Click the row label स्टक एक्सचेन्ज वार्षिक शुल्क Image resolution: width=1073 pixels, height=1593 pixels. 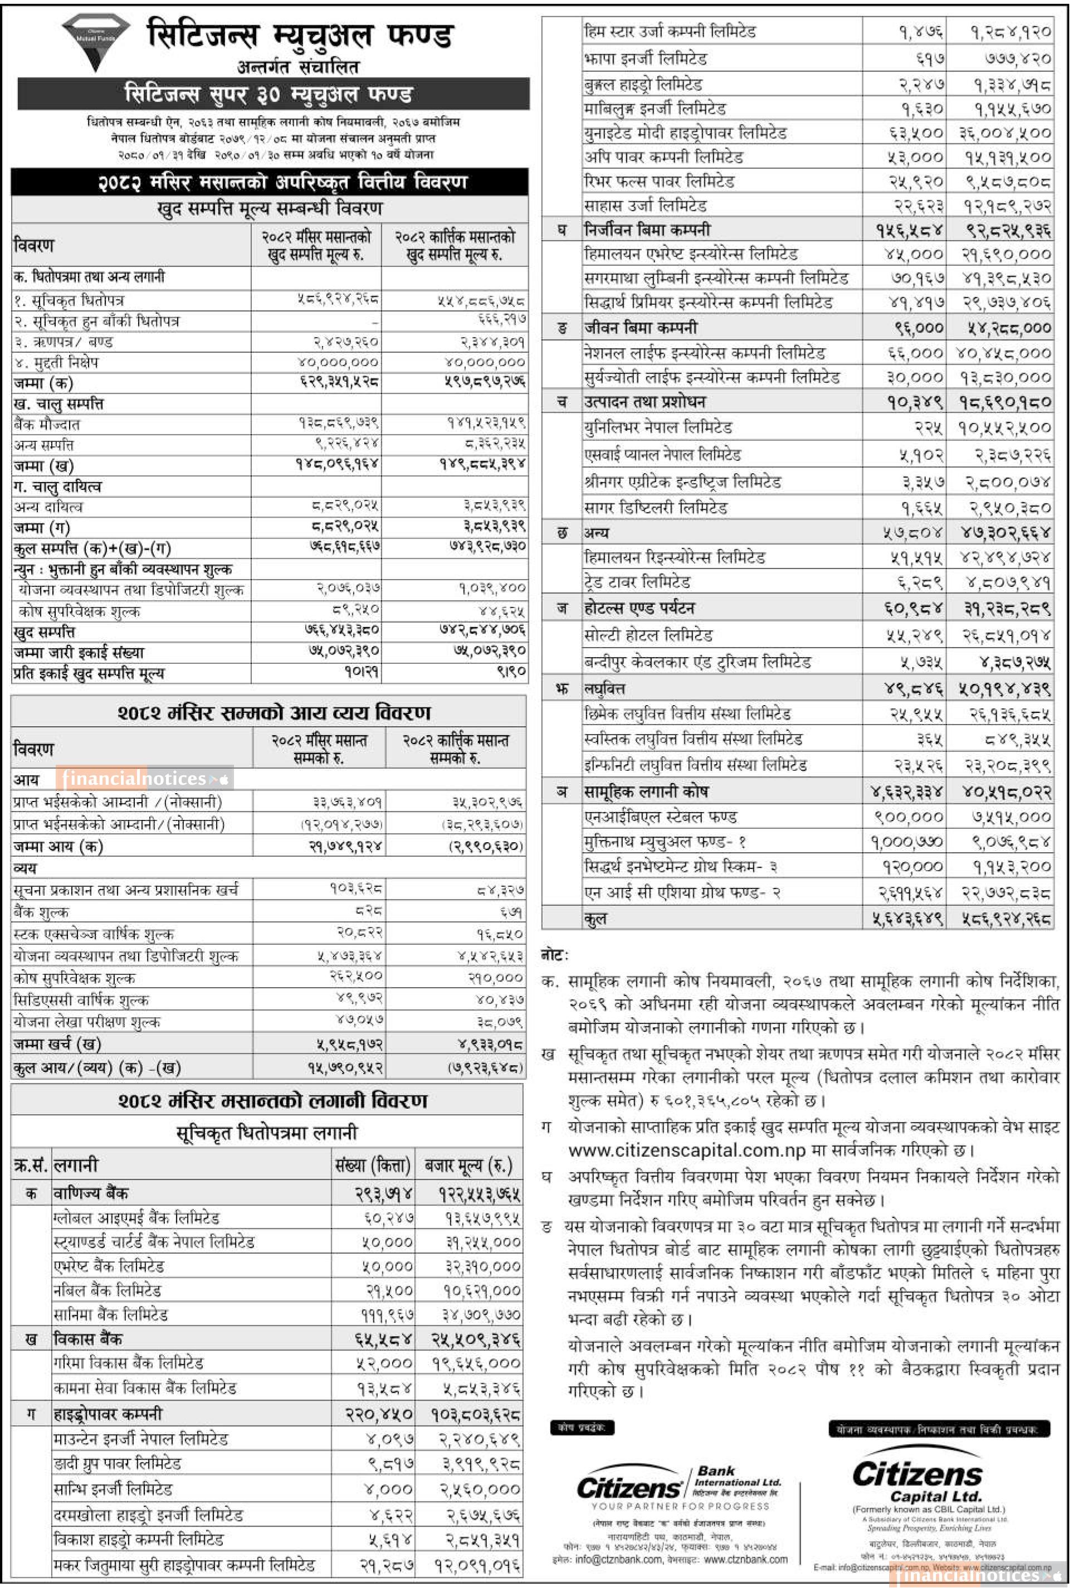(x=93, y=934)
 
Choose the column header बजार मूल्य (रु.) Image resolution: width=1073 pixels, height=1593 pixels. (x=468, y=1165)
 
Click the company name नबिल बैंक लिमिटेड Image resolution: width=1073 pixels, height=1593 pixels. (x=108, y=1290)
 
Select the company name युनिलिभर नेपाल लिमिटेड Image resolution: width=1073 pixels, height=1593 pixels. (x=657, y=429)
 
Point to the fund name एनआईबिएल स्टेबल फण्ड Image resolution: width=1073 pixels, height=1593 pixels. (x=660, y=817)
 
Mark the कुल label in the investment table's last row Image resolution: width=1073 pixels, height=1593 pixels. (x=596, y=919)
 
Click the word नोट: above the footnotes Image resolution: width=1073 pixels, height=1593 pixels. (x=555, y=955)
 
